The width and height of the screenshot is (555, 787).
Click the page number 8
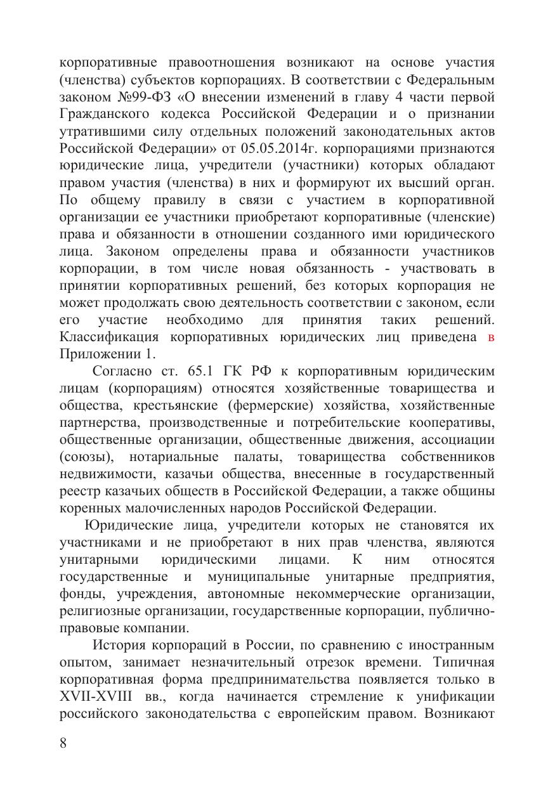point(63,743)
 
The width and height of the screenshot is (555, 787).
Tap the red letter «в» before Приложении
point(490,337)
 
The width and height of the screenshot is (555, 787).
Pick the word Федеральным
point(451,81)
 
